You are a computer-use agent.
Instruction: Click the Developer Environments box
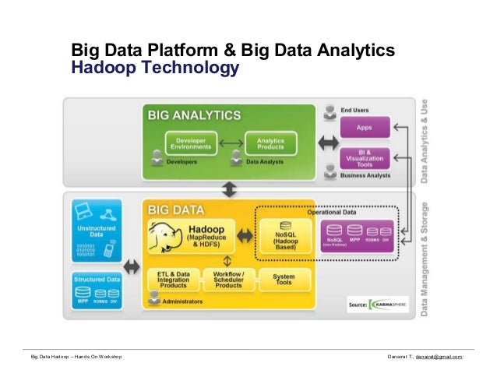(190, 143)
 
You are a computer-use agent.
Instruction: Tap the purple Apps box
(363, 126)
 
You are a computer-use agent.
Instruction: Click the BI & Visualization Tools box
(363, 157)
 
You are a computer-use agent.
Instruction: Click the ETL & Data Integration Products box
(172, 279)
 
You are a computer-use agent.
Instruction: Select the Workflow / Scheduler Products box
(227, 279)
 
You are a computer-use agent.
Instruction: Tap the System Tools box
(284, 279)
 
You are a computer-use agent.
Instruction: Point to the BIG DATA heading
(175, 210)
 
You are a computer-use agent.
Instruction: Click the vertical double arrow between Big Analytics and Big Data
(229, 189)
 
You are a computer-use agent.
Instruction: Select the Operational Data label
(333, 212)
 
